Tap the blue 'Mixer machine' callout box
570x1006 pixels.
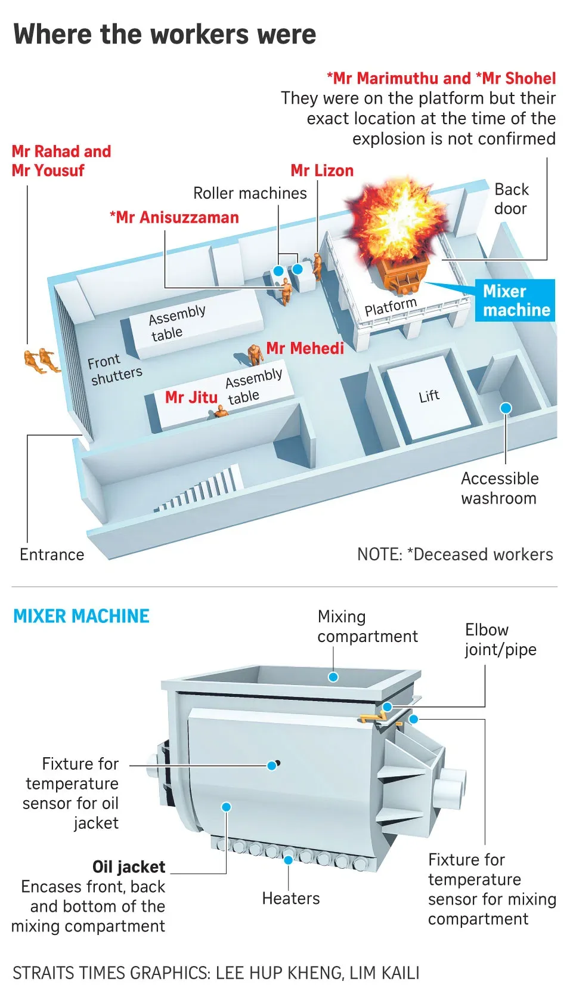point(515,301)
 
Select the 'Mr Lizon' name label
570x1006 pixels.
point(322,171)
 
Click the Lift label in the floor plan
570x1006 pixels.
point(429,396)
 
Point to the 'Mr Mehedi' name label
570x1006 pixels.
point(305,348)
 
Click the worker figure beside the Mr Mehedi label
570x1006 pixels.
point(255,354)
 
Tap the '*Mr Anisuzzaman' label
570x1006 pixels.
point(174,218)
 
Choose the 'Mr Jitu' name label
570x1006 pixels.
point(191,397)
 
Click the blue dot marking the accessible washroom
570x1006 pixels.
point(506,408)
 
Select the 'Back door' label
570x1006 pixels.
point(511,199)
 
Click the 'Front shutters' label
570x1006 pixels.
point(115,369)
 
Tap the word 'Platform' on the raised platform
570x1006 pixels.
point(391,307)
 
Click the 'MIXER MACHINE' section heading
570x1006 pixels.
point(81,616)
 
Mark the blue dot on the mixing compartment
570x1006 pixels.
point(333,677)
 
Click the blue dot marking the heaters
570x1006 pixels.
point(288,860)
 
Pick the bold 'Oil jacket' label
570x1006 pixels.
point(129,866)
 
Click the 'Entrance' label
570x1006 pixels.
point(52,555)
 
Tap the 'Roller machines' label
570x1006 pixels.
point(250,193)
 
